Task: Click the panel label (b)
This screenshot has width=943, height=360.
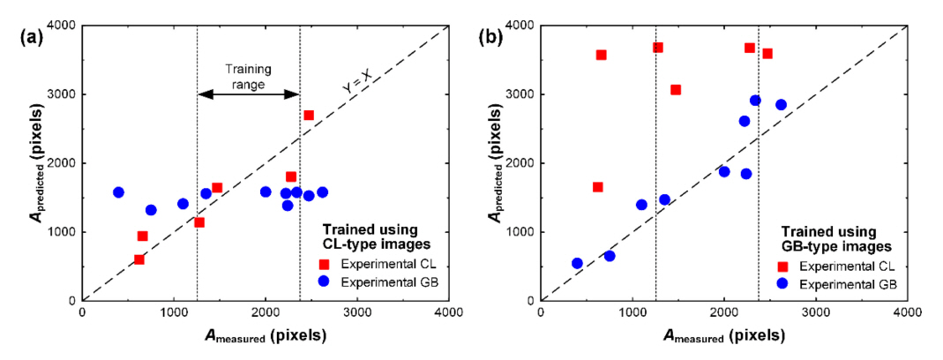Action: tap(490, 37)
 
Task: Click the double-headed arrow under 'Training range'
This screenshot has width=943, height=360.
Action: tap(248, 95)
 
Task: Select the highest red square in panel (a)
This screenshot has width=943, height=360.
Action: tap(309, 116)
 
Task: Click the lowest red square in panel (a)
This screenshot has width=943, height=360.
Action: tap(138, 259)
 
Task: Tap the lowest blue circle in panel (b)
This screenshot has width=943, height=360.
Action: tap(577, 263)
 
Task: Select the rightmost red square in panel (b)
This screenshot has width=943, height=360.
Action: tap(767, 54)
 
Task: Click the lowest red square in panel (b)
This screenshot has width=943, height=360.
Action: tap(597, 187)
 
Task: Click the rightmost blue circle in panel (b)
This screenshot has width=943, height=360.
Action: tap(781, 105)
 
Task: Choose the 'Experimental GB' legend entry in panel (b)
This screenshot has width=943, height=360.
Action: tap(831, 284)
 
